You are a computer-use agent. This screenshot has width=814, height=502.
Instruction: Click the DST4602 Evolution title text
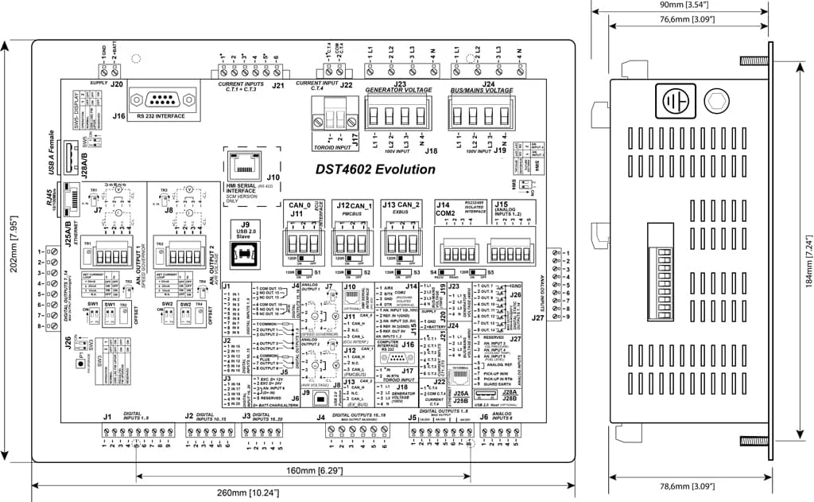375,169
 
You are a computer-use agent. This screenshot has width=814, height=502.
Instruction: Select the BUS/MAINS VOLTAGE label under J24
483,91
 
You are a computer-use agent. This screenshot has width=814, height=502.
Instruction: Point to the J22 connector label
346,84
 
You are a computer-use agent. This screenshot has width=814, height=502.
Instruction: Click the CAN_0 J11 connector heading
297,209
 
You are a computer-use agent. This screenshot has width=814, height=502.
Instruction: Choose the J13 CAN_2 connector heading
401,205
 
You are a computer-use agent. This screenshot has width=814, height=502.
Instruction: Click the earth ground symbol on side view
675,102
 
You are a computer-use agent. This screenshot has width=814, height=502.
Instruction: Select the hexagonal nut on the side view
718,101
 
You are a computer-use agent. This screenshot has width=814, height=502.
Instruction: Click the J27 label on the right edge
538,317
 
